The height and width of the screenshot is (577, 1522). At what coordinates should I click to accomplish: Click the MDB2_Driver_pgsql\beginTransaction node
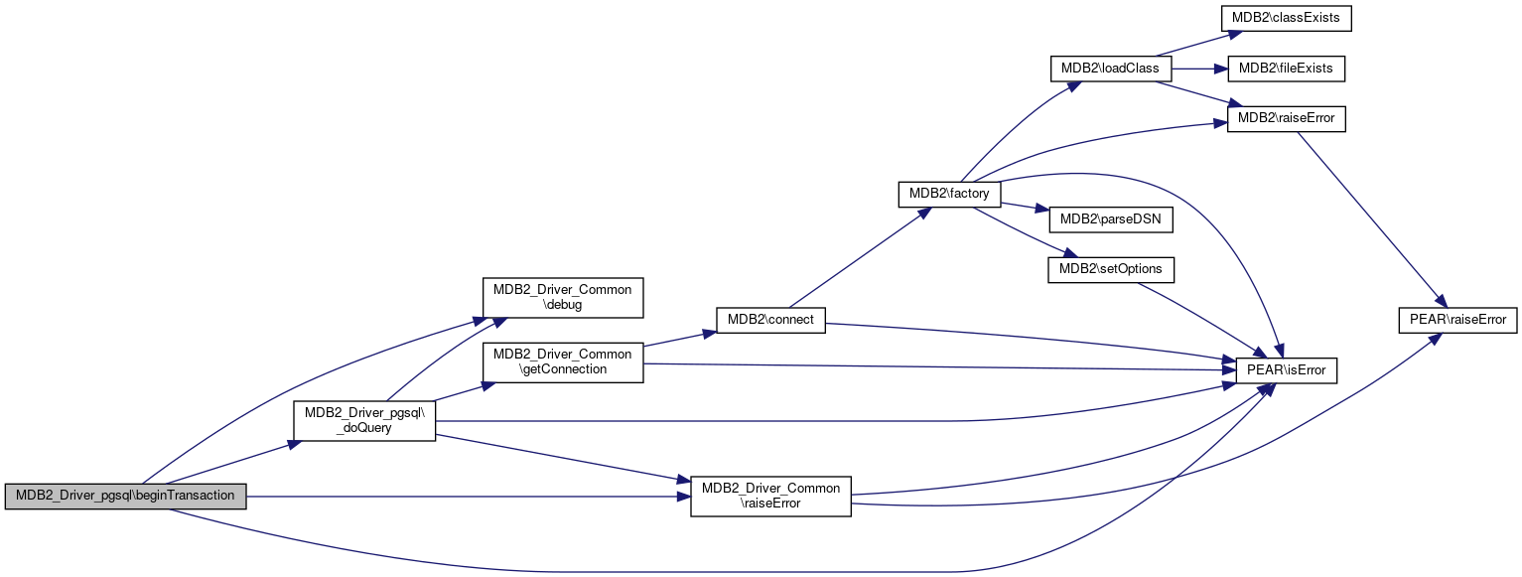pos(125,496)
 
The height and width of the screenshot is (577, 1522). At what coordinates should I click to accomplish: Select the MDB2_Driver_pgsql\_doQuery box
pos(364,420)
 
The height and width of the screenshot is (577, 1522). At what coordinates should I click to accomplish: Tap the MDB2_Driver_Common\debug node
pos(562,297)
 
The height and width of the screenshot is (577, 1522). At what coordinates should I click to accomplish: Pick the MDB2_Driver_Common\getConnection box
pos(562,361)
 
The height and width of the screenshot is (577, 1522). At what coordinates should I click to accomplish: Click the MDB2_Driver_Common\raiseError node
pos(770,496)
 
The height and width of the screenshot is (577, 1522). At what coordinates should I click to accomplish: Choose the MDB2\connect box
pos(770,320)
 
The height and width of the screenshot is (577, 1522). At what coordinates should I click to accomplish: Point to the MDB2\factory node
pos(948,194)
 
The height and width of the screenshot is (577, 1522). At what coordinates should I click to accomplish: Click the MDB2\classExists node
pos(1287,18)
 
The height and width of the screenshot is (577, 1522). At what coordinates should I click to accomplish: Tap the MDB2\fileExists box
pos(1287,70)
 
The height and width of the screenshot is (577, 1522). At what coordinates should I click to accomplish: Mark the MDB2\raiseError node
pos(1287,119)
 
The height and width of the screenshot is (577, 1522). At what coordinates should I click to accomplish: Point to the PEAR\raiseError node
pos(1456,320)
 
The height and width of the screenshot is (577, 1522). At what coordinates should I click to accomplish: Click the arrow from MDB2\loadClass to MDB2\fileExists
pos(1199,70)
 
